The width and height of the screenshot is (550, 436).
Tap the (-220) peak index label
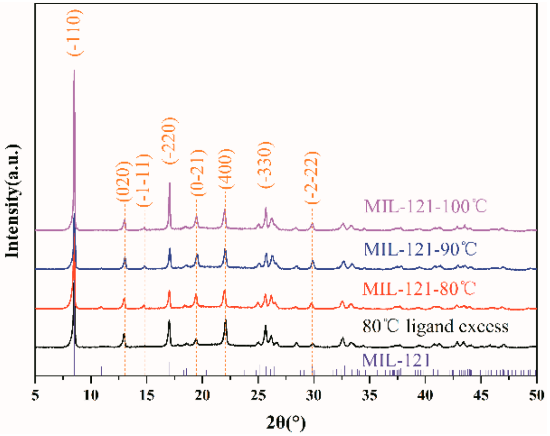coord(170,140)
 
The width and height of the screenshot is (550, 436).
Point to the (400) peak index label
coord(226,168)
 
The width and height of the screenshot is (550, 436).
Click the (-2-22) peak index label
coord(312,177)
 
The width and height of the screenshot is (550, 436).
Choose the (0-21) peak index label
coord(198,172)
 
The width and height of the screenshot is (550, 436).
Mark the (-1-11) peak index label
coord(144,181)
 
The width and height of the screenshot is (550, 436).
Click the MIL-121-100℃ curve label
coord(425,206)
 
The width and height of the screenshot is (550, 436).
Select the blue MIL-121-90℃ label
coord(420,249)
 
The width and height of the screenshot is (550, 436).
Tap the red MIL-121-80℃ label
coord(419,288)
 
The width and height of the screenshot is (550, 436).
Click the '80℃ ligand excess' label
coord(435,326)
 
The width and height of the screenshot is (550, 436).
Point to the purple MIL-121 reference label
coord(396,360)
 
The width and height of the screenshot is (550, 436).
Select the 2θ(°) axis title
coord(286,422)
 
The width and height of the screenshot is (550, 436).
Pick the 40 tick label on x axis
coord(425,395)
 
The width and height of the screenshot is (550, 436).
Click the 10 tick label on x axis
coord(91,395)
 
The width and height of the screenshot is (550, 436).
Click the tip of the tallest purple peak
coord(74,70)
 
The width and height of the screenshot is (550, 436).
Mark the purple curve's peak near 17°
coord(169,183)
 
